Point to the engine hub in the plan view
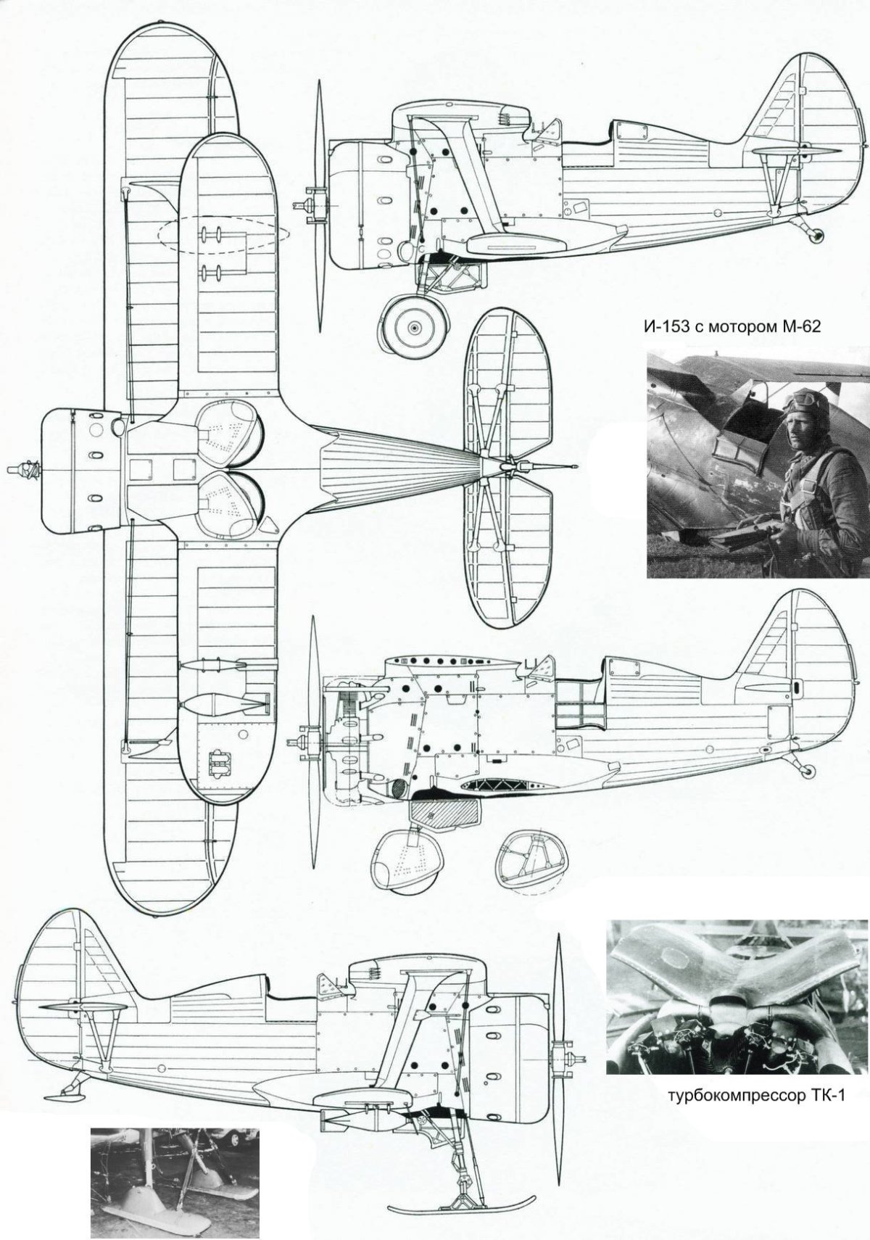tap(25, 470)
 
